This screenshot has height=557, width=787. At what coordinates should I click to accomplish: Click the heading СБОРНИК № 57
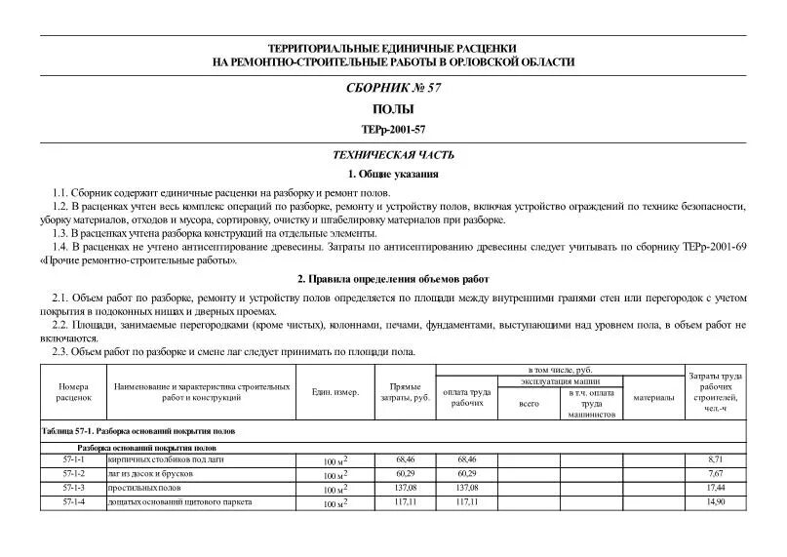click(393, 88)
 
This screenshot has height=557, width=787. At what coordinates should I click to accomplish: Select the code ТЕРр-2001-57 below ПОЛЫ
click(393, 129)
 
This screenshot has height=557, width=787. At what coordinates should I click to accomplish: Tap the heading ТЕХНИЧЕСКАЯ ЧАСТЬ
click(393, 155)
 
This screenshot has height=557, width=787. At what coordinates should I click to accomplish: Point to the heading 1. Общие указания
click(393, 175)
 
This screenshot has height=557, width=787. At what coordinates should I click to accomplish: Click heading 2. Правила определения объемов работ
click(393, 278)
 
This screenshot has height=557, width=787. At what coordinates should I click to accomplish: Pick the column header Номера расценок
click(73, 392)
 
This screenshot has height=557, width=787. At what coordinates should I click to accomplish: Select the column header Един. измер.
click(334, 392)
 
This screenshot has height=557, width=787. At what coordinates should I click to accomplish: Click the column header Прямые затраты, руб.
click(405, 392)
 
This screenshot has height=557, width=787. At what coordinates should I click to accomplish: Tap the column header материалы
click(652, 397)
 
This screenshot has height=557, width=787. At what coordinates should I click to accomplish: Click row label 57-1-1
click(73, 458)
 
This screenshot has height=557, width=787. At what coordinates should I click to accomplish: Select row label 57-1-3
click(73, 487)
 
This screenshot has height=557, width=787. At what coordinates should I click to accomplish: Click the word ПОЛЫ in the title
click(393, 109)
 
